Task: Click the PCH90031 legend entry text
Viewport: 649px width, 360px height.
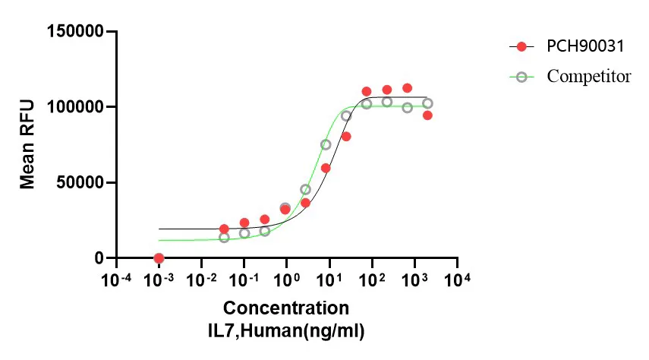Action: point(585,47)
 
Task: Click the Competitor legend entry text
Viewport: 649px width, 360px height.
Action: point(589,76)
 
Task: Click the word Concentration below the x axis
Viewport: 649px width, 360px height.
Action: point(286,308)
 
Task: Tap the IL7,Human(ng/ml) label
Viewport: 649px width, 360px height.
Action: point(286,330)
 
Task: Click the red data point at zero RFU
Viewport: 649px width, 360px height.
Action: point(159,258)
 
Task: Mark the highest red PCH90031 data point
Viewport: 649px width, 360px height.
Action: point(407,88)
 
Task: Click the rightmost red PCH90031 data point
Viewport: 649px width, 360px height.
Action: point(427,115)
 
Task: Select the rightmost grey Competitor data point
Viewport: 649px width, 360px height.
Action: point(427,103)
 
